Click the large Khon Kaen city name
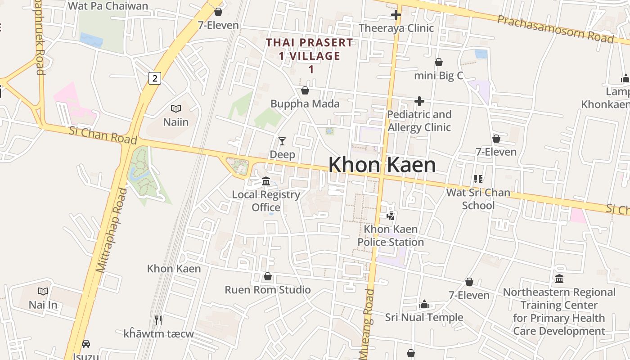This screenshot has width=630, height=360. click(x=382, y=165)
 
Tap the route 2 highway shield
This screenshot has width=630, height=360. click(x=154, y=78)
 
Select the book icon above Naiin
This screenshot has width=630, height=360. click(x=175, y=108)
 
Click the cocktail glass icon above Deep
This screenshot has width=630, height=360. click(x=282, y=141)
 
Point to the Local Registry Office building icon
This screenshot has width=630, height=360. click(x=266, y=181)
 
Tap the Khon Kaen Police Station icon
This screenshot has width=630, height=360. click(x=390, y=216)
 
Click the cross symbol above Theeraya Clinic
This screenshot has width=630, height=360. click(x=396, y=15)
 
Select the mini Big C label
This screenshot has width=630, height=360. click(x=438, y=76)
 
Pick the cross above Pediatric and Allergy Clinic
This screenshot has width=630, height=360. click(x=419, y=101)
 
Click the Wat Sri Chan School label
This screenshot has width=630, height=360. click(x=478, y=199)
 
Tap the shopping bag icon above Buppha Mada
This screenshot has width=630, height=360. click(x=305, y=90)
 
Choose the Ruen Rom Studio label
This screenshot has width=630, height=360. click(x=268, y=290)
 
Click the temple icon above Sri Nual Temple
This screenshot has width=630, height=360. click(x=424, y=305)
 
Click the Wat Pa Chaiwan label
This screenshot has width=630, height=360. click(x=108, y=6)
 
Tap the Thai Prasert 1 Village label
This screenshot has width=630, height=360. click(x=310, y=56)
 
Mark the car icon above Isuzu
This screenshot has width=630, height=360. click(x=86, y=343)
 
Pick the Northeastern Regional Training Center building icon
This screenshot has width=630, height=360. click(x=559, y=279)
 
